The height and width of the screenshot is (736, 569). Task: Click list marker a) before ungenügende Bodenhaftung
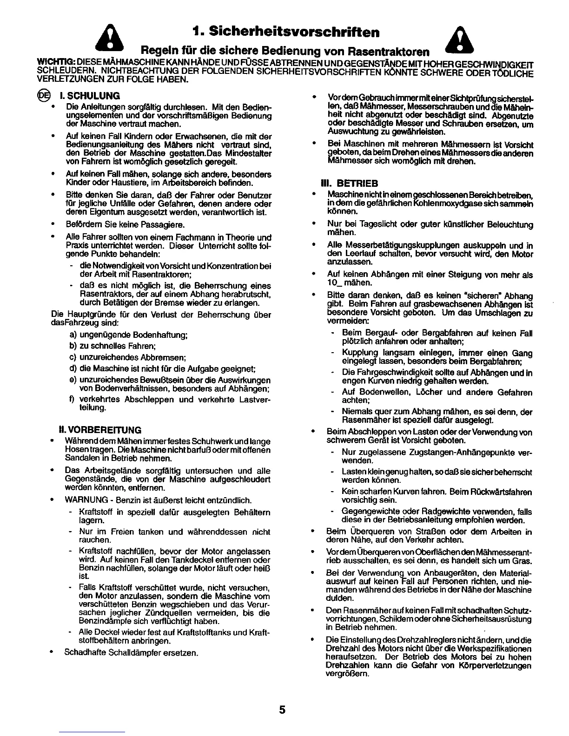(x=73, y=335)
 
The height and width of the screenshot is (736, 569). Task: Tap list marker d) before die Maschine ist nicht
(x=73, y=369)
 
